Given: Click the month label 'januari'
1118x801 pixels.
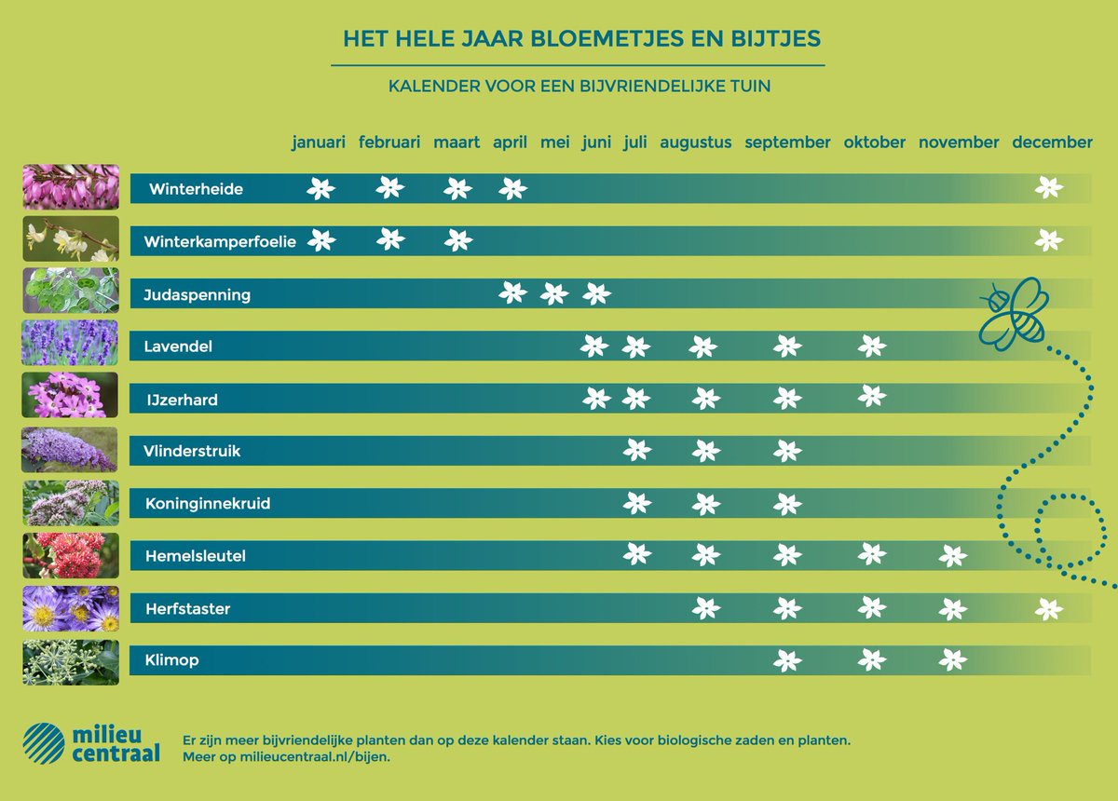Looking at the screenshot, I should click(x=319, y=143).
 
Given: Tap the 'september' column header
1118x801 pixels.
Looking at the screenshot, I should click(x=787, y=143).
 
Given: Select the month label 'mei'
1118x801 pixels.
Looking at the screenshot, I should click(x=553, y=143).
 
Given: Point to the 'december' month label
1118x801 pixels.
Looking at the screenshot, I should click(x=1052, y=143).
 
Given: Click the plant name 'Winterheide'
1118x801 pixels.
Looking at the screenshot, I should click(x=196, y=189).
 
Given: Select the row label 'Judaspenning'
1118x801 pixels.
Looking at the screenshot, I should click(x=198, y=295).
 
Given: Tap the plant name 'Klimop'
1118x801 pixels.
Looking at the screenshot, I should click(x=171, y=661).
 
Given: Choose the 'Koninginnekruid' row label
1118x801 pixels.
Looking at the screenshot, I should click(x=208, y=504).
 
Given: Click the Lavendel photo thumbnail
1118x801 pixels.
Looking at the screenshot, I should click(x=70, y=343).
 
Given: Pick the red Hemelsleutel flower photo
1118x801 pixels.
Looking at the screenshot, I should click(x=70, y=556).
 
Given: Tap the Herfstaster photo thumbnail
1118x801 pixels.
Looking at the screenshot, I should click(x=70, y=608).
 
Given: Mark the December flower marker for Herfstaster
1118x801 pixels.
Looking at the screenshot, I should click(x=1049, y=609).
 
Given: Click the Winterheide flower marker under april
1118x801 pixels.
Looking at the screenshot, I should click(x=512, y=188).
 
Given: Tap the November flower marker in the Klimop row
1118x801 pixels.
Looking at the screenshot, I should click(x=952, y=660).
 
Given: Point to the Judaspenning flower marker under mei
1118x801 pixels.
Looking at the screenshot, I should click(x=553, y=294).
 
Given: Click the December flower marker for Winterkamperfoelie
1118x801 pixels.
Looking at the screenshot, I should click(x=1049, y=240).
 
